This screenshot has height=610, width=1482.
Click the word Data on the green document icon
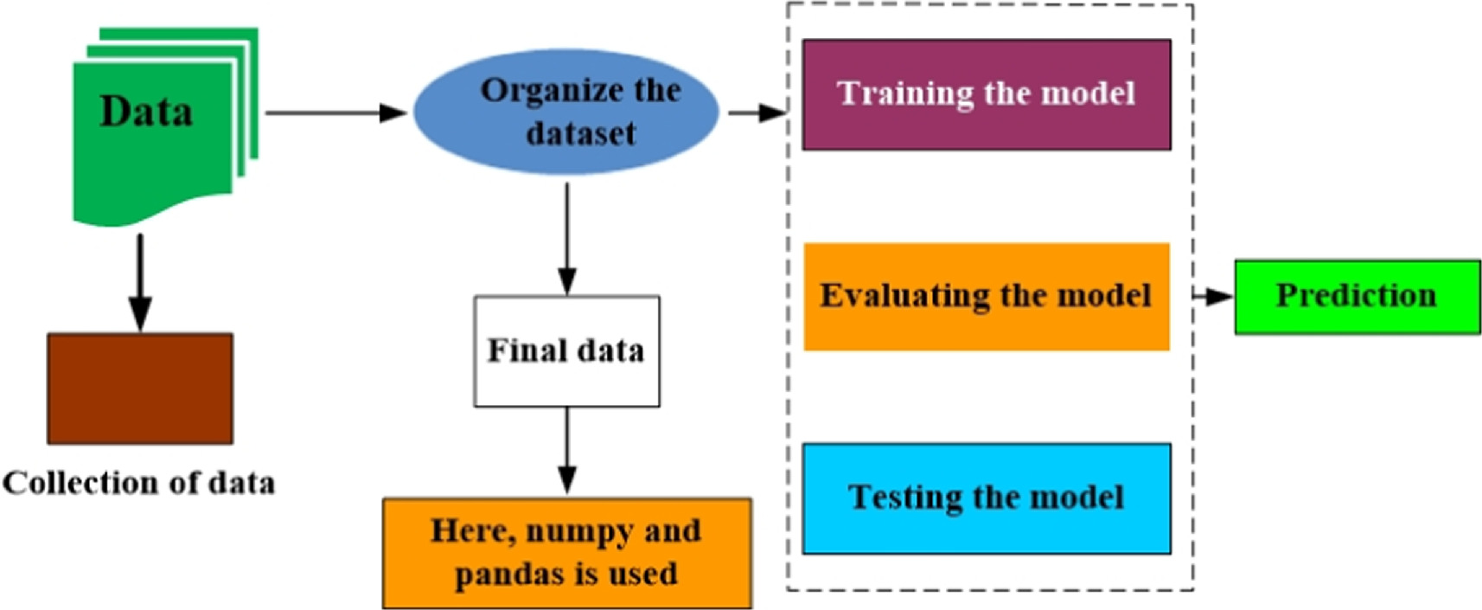(146, 111)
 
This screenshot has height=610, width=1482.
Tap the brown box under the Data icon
(140, 388)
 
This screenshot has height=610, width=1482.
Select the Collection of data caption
(138, 483)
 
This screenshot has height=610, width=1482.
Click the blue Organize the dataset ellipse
(566, 112)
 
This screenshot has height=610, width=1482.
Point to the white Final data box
(567, 351)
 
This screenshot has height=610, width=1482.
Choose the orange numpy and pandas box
(568, 553)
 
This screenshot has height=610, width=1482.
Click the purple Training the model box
(987, 94)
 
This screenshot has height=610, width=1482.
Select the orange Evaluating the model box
(987, 297)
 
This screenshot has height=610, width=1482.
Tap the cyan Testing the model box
(987, 498)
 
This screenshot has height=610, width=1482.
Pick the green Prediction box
(1357, 297)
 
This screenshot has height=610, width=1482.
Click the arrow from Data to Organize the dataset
(336, 113)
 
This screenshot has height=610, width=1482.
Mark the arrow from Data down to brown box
(140, 283)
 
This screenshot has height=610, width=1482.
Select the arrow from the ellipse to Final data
(567, 239)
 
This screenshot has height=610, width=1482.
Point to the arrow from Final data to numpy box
(567, 451)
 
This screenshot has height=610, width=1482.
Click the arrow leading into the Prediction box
(1213, 296)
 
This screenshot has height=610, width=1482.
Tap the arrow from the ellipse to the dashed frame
(757, 113)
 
